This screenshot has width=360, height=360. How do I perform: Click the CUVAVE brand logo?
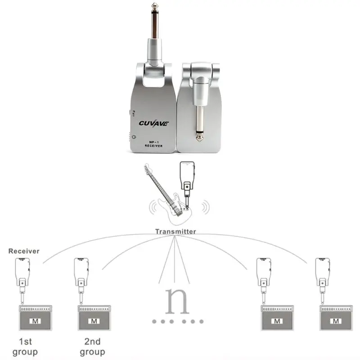(153, 123)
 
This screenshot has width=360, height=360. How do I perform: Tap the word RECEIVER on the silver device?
(153, 146)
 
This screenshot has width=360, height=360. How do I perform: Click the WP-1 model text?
(153, 140)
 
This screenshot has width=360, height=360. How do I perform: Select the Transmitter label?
(175, 231)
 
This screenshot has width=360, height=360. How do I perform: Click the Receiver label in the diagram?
(24, 251)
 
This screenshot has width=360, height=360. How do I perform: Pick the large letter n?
(177, 300)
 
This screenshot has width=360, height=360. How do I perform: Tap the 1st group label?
(25, 346)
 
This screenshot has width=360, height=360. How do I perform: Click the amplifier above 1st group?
(35, 318)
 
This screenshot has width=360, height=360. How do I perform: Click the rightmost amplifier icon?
(336, 318)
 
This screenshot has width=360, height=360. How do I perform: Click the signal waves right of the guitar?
(205, 207)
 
